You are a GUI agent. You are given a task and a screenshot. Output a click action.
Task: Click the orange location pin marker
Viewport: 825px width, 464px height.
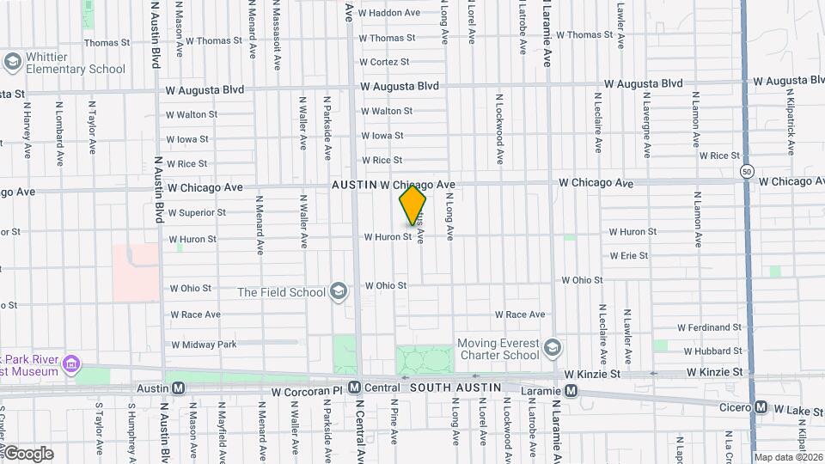412,205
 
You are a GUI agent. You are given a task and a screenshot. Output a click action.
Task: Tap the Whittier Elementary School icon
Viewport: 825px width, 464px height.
12,62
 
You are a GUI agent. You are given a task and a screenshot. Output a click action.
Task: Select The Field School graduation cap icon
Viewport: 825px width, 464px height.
339,292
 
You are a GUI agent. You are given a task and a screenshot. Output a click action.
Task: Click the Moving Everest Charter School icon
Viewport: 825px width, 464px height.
553,349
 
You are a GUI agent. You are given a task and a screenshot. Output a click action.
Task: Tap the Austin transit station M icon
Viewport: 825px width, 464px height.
178,388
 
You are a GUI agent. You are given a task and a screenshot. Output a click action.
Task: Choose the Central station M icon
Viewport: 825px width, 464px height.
354,388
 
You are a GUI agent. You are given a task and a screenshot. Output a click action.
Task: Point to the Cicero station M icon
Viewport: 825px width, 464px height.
761,407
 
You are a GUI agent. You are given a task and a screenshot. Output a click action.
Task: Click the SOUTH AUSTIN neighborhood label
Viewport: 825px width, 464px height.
455,388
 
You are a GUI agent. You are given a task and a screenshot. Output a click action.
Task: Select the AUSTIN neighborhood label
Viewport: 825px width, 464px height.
354,185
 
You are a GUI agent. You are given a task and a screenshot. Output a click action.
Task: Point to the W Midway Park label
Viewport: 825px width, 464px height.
203,345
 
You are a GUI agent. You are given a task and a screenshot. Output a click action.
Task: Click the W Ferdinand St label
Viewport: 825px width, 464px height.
709,327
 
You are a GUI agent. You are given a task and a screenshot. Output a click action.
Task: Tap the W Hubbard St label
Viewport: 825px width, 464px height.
712,351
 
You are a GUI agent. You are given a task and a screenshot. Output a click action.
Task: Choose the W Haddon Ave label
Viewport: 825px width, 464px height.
389,13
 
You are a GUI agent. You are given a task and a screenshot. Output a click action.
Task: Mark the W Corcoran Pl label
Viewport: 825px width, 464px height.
308,392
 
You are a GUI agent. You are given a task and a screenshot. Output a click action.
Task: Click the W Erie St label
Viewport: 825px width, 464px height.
628,255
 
